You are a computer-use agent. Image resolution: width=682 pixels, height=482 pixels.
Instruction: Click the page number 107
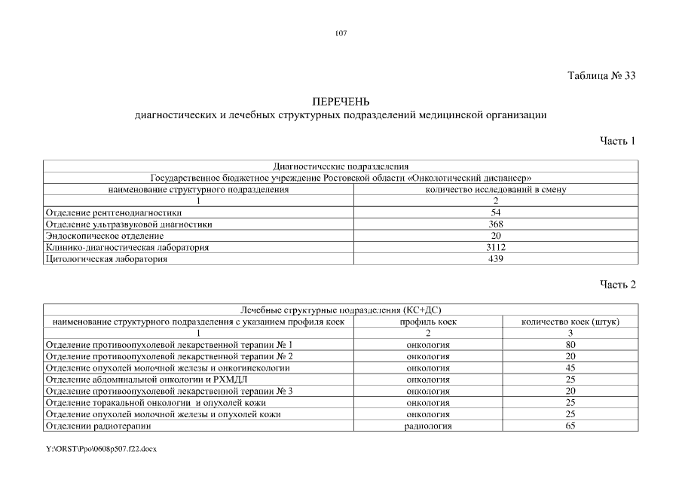tap(341, 33)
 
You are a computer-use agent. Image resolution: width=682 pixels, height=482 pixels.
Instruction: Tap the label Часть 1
tap(618, 141)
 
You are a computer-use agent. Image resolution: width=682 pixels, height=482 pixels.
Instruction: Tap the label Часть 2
tap(618, 285)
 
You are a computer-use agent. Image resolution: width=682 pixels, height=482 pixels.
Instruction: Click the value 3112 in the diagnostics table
tap(496, 247)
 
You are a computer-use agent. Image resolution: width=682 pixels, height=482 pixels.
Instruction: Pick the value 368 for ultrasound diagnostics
tap(496, 224)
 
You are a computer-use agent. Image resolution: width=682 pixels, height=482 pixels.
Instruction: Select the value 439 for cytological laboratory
tap(496, 258)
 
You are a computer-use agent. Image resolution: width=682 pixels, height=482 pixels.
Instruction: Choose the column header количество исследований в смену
tap(496, 190)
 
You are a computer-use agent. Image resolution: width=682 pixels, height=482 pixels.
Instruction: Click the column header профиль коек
tap(428, 322)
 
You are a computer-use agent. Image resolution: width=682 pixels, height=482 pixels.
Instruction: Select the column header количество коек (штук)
tap(570, 322)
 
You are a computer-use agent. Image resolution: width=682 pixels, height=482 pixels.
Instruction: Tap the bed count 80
tap(570, 344)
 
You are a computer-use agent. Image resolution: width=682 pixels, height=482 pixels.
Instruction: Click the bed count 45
tap(570, 368)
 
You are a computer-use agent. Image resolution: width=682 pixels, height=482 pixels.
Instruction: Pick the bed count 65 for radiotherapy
tap(570, 426)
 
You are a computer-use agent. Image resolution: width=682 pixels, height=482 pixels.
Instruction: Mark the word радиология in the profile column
tap(428, 426)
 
